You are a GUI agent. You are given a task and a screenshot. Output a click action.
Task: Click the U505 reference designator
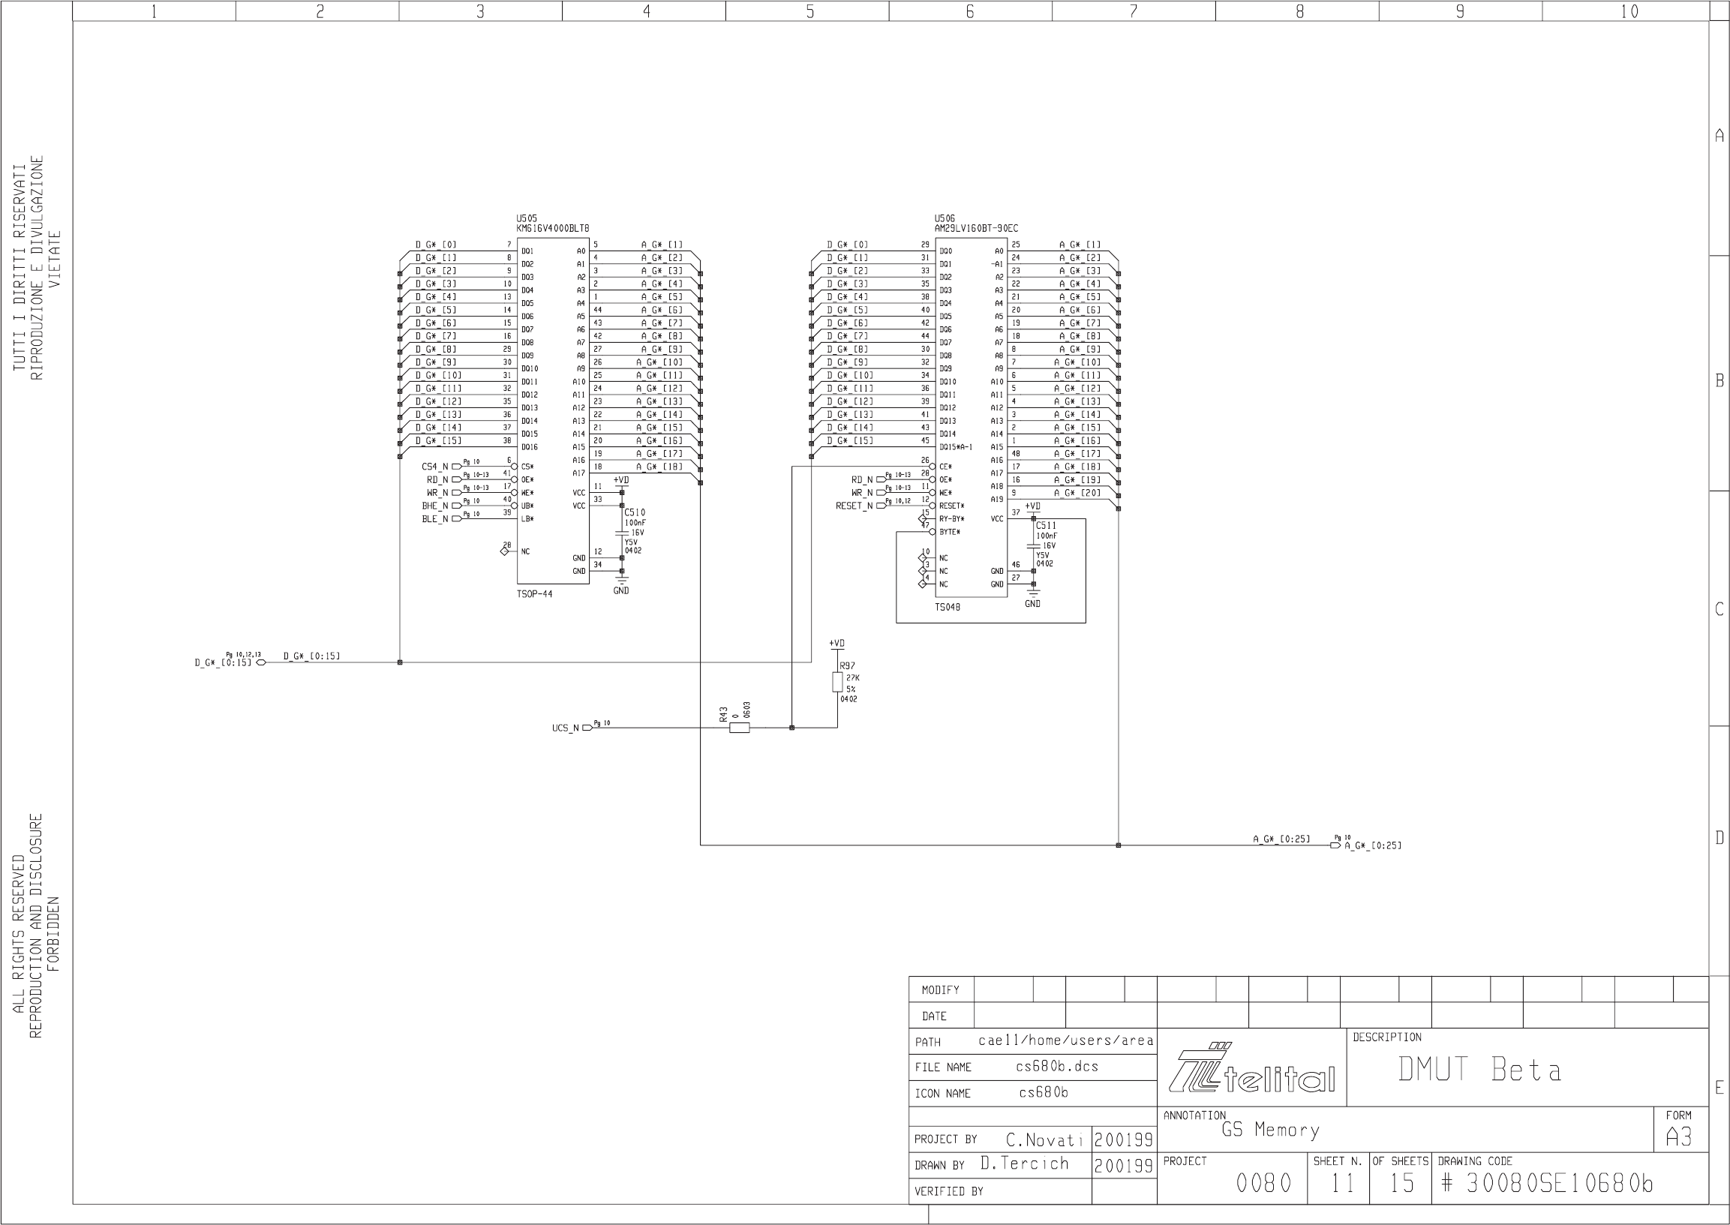527,218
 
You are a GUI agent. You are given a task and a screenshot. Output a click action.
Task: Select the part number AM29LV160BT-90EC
976,228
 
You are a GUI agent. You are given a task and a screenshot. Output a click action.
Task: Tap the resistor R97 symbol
837,682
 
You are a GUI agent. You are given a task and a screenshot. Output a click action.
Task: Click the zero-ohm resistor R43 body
740,728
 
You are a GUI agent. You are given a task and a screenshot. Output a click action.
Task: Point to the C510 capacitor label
635,513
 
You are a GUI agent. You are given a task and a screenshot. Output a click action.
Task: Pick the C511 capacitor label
1047,526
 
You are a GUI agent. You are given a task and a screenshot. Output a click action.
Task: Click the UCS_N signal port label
566,728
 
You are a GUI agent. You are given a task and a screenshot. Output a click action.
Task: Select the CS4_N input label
434,467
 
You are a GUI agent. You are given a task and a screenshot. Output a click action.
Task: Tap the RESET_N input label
854,506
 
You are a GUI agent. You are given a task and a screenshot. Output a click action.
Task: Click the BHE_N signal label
434,506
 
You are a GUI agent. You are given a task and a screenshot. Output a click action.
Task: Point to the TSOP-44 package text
534,594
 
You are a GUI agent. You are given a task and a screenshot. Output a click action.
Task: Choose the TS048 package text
948,607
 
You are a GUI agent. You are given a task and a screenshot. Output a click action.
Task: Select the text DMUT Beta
1479,1070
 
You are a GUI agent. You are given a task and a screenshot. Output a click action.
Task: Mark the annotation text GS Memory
1271,1130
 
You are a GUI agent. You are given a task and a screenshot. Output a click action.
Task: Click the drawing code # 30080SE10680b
1547,1184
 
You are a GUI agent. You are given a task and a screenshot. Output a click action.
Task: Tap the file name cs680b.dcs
1057,1067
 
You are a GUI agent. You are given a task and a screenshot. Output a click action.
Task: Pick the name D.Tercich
1025,1164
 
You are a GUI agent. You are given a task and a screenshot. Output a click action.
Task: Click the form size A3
1679,1136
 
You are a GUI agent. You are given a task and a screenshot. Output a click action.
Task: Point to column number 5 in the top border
809,11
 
